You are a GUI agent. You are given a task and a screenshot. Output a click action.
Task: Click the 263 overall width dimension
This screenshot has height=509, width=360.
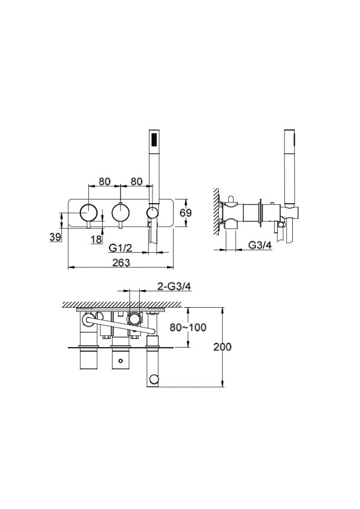coord(121,262)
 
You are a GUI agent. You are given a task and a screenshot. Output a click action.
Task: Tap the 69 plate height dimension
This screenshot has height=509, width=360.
coord(186,213)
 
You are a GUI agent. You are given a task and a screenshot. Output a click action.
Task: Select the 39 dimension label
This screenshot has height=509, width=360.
coord(55,237)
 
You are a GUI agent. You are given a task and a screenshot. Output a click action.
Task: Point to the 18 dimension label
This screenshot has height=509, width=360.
coord(96,239)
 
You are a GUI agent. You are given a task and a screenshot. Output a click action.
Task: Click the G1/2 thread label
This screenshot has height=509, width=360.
coord(120,248)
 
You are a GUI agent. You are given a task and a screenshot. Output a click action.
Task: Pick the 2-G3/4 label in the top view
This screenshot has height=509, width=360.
coord(174,286)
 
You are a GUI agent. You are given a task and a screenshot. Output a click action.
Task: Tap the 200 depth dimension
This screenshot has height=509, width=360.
coord(222,347)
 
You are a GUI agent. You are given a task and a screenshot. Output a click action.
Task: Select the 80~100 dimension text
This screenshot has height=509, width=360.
coord(188,327)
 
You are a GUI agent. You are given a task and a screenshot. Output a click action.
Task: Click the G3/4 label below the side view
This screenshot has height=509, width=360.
coord(260,245)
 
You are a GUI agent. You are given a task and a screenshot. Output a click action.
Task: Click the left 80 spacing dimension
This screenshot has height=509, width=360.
coord(105,181)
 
